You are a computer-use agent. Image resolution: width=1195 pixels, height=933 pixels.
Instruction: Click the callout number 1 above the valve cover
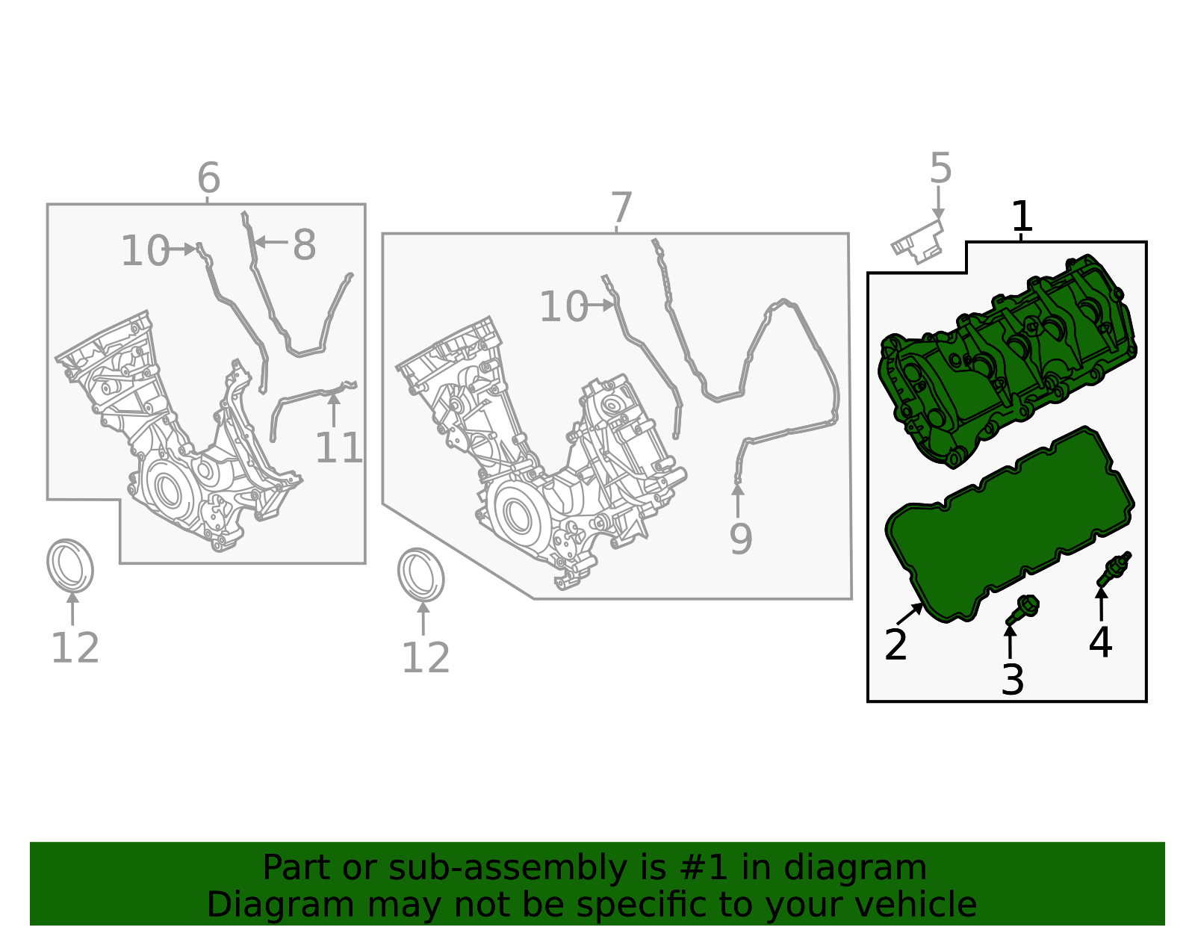pos(1022,217)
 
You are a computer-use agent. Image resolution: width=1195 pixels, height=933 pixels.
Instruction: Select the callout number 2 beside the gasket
pos(896,645)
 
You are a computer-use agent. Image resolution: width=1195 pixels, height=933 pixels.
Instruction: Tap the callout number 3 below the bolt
pos(1013,680)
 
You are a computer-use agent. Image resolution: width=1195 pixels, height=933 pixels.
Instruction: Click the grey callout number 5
pos(940,168)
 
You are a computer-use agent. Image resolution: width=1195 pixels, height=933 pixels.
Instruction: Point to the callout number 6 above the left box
pos(208,178)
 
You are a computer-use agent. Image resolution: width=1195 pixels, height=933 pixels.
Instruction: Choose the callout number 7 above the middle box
pos(621,207)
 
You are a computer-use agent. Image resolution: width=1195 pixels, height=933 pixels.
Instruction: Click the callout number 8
pos(304,245)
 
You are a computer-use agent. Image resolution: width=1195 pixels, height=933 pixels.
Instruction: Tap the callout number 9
pos(741,539)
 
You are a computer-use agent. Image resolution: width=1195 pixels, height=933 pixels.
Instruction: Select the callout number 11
pos(339,448)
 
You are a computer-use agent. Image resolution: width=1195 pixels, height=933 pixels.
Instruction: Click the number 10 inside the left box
pos(145,251)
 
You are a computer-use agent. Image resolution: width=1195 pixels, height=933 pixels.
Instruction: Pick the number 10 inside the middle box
pos(564,306)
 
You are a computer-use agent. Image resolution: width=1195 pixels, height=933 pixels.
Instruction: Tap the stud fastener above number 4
pos(1114,570)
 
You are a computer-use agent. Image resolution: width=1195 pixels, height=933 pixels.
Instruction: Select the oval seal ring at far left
pos(70,565)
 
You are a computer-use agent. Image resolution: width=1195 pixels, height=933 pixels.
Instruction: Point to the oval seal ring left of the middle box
pos(420,574)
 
